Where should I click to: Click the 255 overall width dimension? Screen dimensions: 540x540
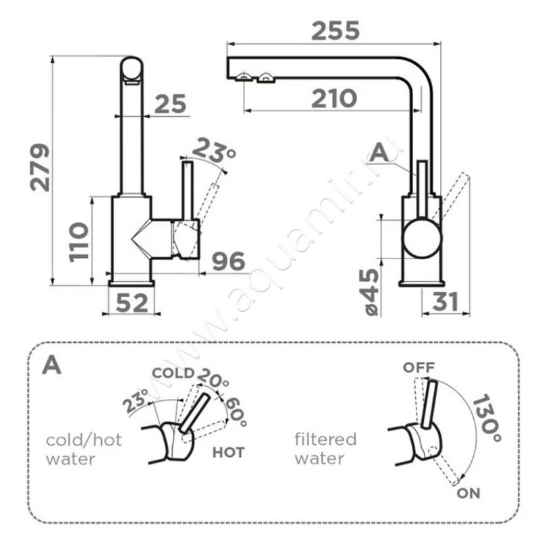[x=334, y=30]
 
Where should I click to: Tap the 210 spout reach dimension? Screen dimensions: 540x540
[x=334, y=99]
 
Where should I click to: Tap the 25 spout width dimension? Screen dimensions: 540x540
[x=169, y=105]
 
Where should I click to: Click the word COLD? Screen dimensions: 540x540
[x=173, y=373]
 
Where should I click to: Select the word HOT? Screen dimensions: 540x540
[x=228, y=452]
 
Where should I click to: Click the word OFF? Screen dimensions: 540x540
[x=418, y=368]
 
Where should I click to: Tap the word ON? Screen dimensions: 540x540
[x=468, y=493]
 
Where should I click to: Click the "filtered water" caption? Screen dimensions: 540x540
[x=325, y=449]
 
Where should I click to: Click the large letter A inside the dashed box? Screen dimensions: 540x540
[x=52, y=365]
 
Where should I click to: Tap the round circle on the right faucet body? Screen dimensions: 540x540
[x=423, y=238]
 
